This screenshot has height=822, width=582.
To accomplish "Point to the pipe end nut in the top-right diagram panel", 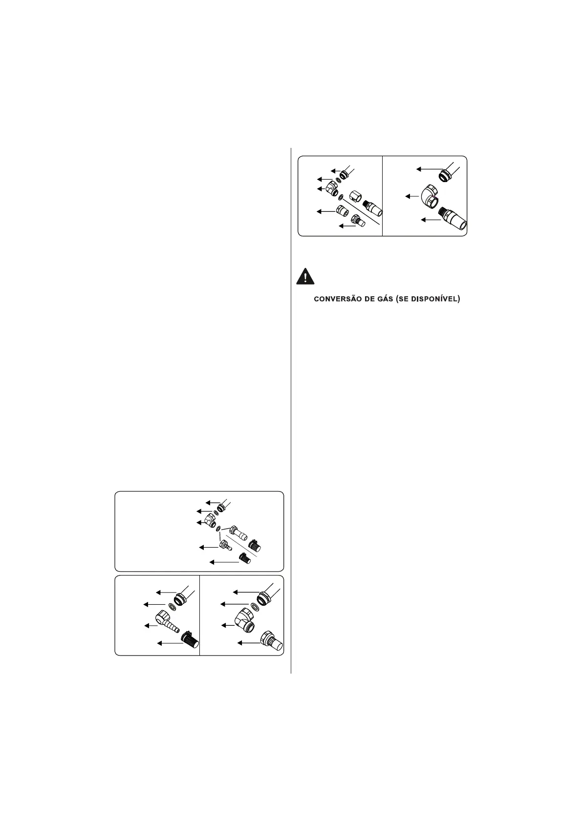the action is click(446, 174).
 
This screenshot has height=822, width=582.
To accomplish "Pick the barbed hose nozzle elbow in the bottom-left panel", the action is click(167, 622).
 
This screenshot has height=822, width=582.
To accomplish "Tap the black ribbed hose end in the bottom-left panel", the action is click(190, 639).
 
